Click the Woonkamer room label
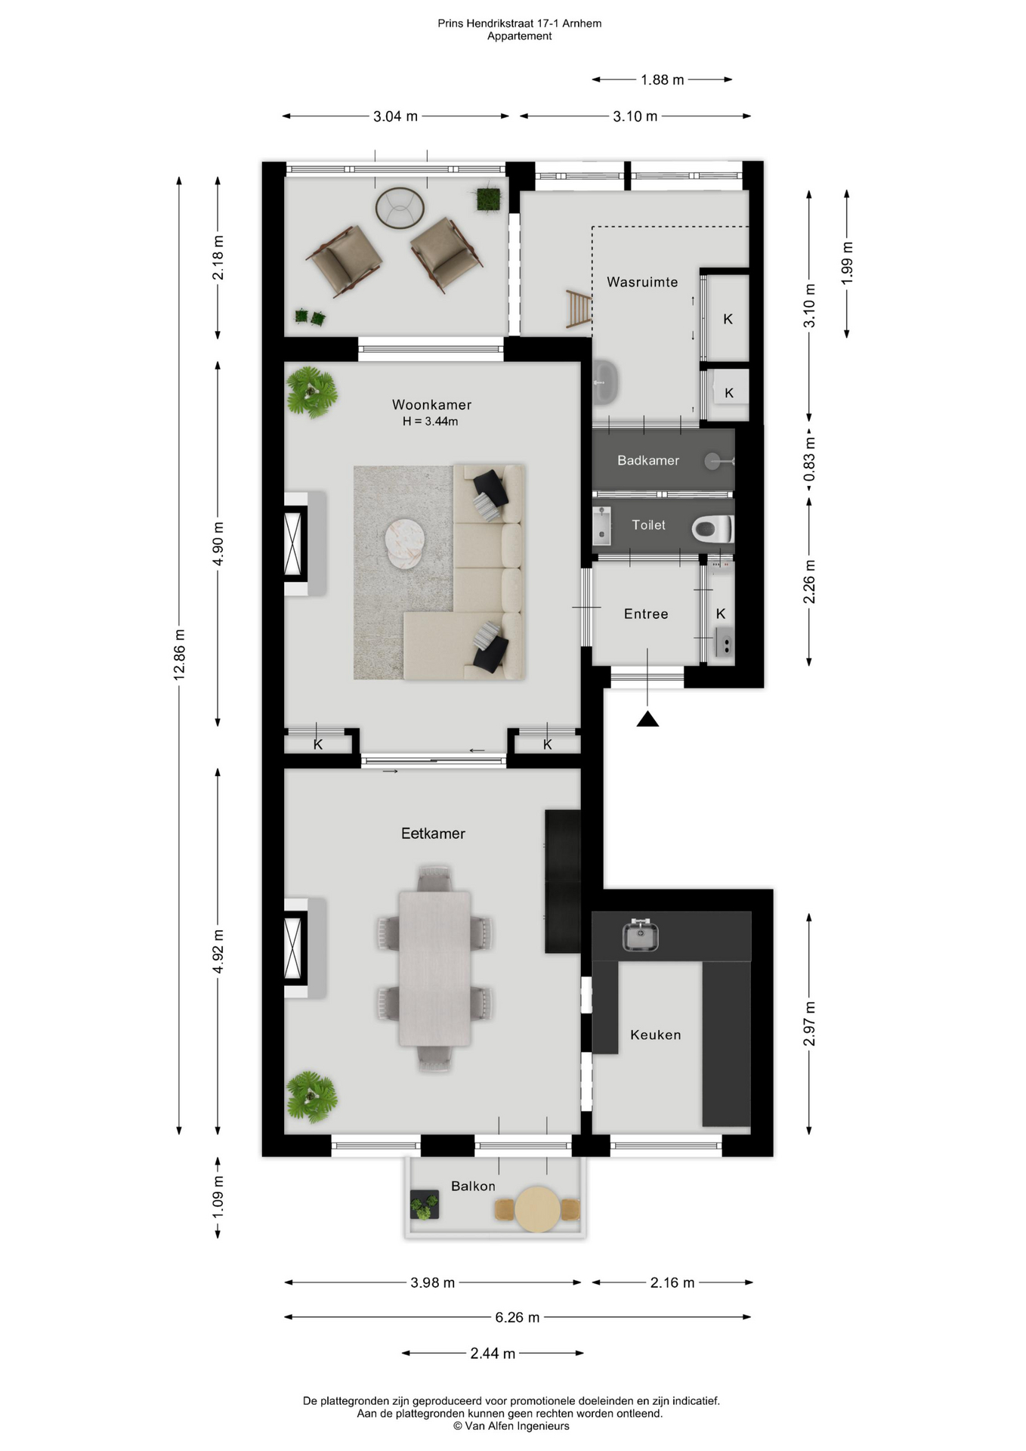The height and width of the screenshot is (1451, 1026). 431,404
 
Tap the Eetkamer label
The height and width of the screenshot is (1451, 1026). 433,833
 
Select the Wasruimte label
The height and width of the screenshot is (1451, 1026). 642,282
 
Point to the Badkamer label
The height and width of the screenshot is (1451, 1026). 648,460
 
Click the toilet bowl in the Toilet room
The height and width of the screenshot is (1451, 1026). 712,528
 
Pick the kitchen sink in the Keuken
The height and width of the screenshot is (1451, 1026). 641,935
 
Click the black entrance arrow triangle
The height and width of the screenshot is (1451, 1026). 647,719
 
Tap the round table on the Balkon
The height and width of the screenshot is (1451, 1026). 537,1209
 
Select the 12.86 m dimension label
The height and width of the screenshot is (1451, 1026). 180,654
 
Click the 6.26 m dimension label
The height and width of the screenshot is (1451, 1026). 518,1317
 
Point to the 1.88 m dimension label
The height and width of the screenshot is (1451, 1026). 663,79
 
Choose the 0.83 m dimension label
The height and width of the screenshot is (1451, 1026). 809,459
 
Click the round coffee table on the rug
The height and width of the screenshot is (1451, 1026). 405,541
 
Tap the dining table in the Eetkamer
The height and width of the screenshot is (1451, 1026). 434,968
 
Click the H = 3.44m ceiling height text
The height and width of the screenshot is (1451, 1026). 430,422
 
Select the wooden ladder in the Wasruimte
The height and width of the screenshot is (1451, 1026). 579,309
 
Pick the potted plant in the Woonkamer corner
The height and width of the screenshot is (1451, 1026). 311,391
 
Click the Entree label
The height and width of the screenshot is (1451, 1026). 646,614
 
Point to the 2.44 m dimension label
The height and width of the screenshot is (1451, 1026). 493,1353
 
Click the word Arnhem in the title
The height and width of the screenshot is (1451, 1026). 582,23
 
